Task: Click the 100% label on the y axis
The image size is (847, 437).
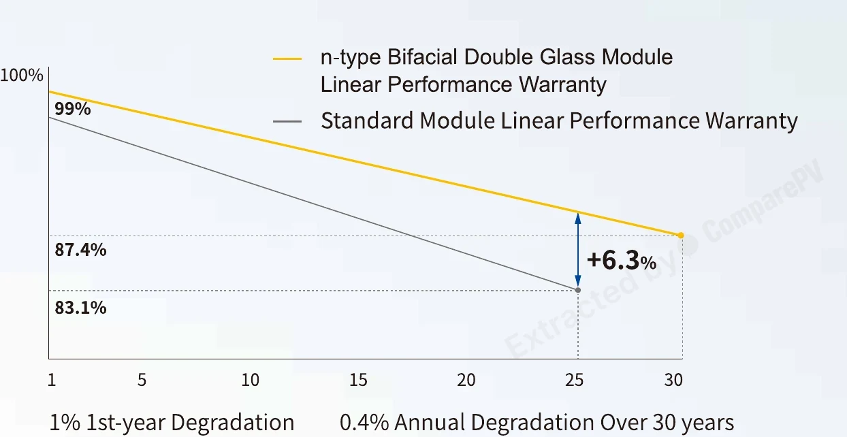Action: pos(22,76)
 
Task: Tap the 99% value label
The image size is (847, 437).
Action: pos(73,109)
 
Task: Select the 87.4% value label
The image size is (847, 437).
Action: pos(80,250)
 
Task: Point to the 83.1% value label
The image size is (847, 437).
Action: pos(80,308)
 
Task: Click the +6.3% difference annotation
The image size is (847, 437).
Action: pos(622,261)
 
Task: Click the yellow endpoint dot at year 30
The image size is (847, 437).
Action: pos(681,235)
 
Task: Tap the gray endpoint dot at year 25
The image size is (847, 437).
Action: pos(578,290)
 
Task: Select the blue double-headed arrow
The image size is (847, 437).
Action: pos(578,250)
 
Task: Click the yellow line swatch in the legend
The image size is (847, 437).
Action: pos(287,59)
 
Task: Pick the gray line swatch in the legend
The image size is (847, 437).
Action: pos(287,122)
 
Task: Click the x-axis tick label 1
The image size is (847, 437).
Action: pos(52,380)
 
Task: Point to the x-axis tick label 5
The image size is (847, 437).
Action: pos(142,380)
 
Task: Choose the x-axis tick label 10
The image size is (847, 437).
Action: pos(251,380)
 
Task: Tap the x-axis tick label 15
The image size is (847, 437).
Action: pos(358,380)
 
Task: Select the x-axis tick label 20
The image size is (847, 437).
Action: pos(466,380)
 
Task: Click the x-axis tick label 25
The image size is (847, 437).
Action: pos(575,380)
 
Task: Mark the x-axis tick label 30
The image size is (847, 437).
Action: pos(673,380)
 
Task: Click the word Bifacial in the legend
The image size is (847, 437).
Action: pos(422,57)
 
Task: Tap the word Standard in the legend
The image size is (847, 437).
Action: pos(367,120)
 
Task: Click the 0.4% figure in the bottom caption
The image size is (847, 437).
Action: pos(364,422)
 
